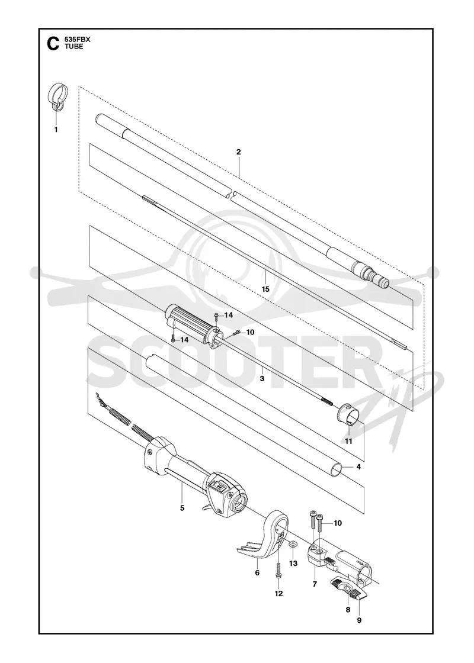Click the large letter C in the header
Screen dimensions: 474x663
click(x=53, y=44)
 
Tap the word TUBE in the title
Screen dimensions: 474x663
click(x=73, y=47)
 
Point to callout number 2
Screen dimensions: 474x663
click(x=239, y=152)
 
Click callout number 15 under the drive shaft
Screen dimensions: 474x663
click(x=265, y=289)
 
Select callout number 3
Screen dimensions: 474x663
click(x=262, y=378)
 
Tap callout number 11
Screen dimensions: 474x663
click(x=348, y=442)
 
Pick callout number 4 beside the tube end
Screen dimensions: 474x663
click(x=358, y=467)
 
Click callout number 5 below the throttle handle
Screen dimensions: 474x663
click(x=182, y=508)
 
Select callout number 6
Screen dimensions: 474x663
click(x=257, y=573)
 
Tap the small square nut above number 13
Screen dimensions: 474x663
click(x=291, y=545)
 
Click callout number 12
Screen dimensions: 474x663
click(x=278, y=593)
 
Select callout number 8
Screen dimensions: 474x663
click(x=348, y=609)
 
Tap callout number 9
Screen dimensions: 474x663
click(x=359, y=620)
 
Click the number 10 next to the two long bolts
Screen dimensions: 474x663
click(x=338, y=523)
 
